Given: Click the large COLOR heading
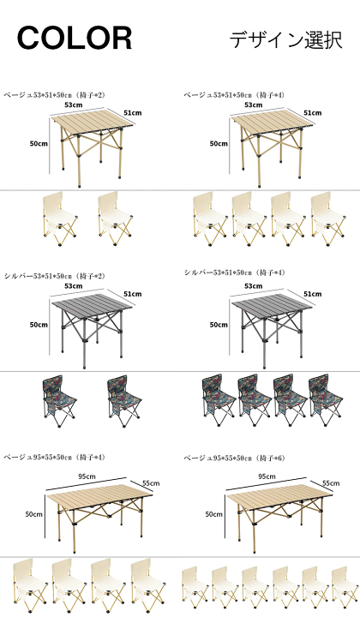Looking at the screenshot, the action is pyautogui.click(x=75, y=39).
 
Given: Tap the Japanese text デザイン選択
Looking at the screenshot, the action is pyautogui.click(x=285, y=39).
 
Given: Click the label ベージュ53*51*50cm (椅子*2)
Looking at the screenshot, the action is pyautogui.click(x=55, y=95).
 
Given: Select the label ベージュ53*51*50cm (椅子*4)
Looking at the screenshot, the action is pyautogui.click(x=234, y=95).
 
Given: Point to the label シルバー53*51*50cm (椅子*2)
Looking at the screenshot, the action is pyautogui.click(x=55, y=276).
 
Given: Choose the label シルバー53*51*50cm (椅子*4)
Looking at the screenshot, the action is pyautogui.click(x=235, y=273).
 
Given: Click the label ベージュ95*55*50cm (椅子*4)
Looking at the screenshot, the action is pyautogui.click(x=55, y=457).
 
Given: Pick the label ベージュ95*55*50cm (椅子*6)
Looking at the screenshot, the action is pyautogui.click(x=235, y=458).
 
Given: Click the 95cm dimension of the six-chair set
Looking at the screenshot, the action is pyautogui.click(x=267, y=476).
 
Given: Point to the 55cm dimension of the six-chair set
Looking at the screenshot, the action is pyautogui.click(x=331, y=482).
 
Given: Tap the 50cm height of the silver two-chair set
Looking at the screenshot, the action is pyautogui.click(x=39, y=325).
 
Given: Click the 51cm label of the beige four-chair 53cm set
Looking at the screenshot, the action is pyautogui.click(x=312, y=113).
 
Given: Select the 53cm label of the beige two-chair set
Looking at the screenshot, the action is pyautogui.click(x=74, y=105).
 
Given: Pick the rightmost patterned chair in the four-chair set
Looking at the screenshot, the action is pyautogui.click(x=326, y=400).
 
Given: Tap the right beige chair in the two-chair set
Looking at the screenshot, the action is pyautogui.click(x=115, y=219).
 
